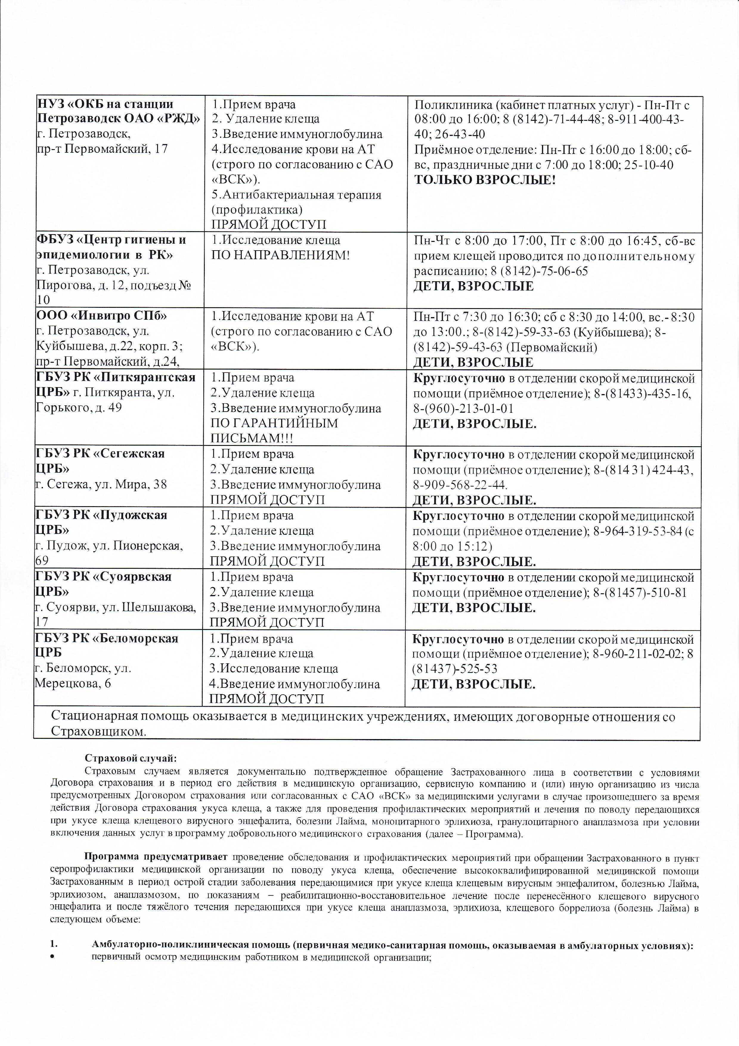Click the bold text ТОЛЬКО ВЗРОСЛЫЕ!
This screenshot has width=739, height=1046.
(484, 180)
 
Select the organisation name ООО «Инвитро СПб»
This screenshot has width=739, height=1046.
(101, 316)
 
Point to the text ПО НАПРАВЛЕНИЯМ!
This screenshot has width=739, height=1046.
(280, 255)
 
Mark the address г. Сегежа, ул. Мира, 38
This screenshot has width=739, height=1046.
(101, 484)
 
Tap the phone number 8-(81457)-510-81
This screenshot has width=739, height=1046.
(640, 592)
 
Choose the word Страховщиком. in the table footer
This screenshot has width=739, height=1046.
(99, 732)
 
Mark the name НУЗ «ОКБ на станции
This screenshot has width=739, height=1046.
(105, 104)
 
